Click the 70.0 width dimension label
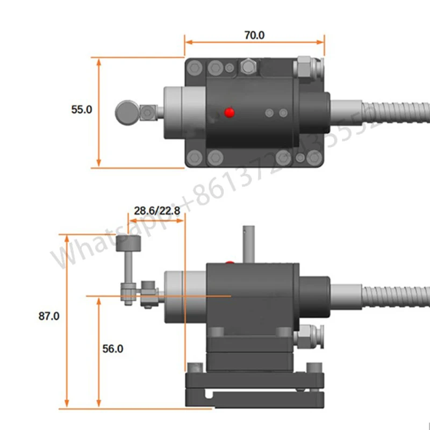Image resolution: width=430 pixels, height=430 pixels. click(x=255, y=35)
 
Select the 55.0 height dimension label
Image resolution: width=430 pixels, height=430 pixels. click(x=82, y=109)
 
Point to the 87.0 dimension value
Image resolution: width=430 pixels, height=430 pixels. click(x=49, y=316)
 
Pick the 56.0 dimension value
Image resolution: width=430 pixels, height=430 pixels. click(x=112, y=348)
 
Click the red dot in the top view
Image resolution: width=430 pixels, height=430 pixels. click(x=230, y=112)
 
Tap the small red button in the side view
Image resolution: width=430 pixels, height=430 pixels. click(x=231, y=263)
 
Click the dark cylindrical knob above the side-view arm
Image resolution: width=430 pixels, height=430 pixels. click(x=130, y=243)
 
